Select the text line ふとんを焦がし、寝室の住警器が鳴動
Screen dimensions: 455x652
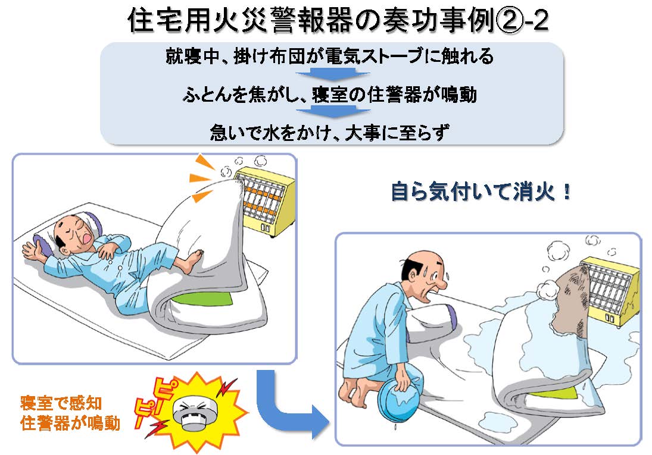pos(328,95)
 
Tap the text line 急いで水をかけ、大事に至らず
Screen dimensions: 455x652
pos(328,131)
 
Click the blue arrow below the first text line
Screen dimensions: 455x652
pos(326,76)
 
